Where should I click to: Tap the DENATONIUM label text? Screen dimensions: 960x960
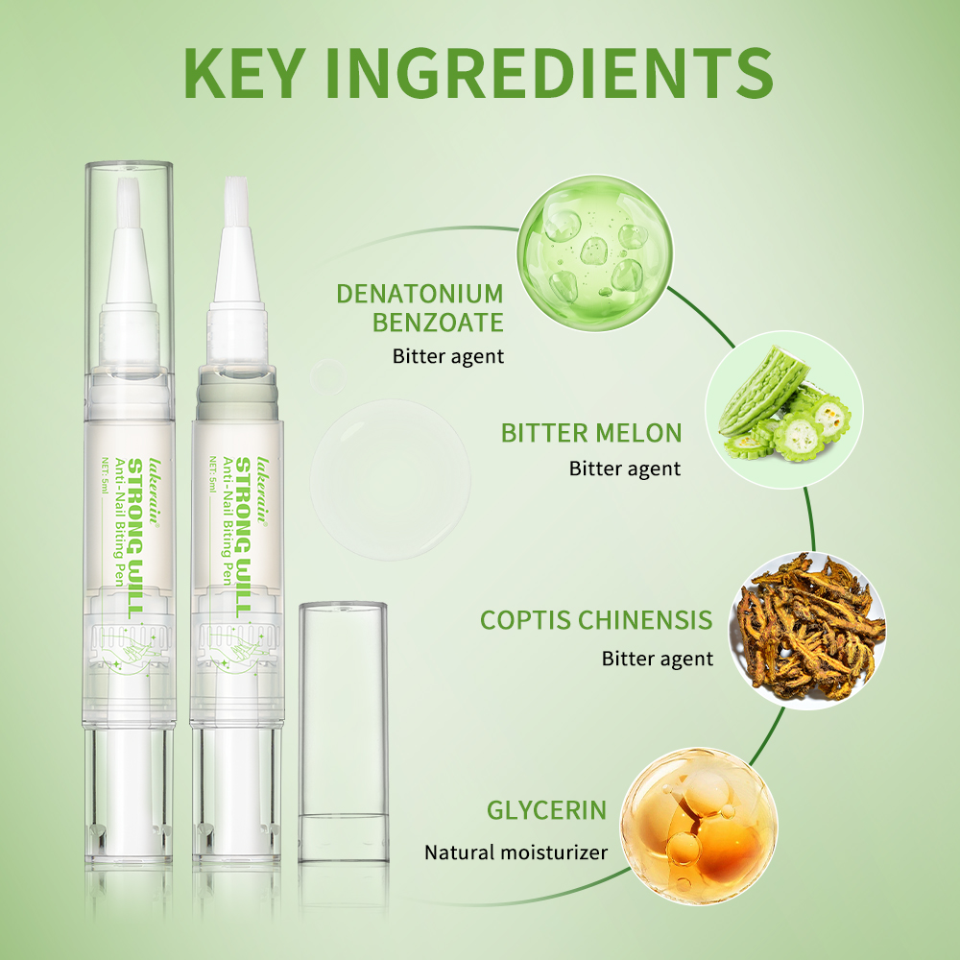(420, 294)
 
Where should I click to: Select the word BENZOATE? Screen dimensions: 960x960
(438, 323)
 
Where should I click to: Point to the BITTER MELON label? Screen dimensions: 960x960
(591, 433)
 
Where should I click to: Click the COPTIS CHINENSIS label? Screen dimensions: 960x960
(596, 620)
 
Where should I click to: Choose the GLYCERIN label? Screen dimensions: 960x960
(546, 810)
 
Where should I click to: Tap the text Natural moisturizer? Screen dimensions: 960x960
(516, 852)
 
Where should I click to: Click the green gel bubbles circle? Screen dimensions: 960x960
(595, 252)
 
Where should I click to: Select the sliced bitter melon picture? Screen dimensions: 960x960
(784, 410)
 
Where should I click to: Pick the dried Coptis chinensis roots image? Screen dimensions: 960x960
(807, 630)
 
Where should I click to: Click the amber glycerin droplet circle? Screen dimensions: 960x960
(699, 826)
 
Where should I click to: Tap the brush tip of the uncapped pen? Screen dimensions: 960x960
(236, 202)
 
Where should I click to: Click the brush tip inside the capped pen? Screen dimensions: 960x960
(128, 204)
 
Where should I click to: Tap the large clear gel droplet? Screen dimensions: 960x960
(391, 479)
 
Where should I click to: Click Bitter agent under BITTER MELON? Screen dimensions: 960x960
(625, 469)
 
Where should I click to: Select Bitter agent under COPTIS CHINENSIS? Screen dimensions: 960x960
(658, 659)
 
